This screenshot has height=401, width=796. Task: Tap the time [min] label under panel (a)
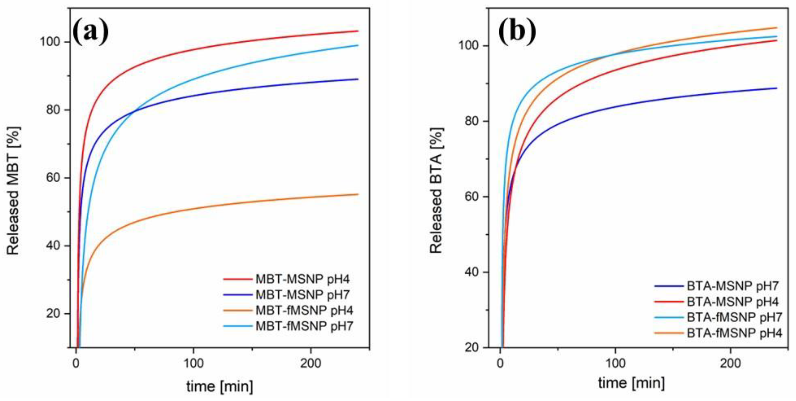pos(220,386)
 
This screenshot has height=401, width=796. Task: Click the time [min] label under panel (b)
pos(631,383)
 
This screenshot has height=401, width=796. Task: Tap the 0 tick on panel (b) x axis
pos(500,363)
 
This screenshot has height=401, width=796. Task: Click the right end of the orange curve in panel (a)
pos(358,194)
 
